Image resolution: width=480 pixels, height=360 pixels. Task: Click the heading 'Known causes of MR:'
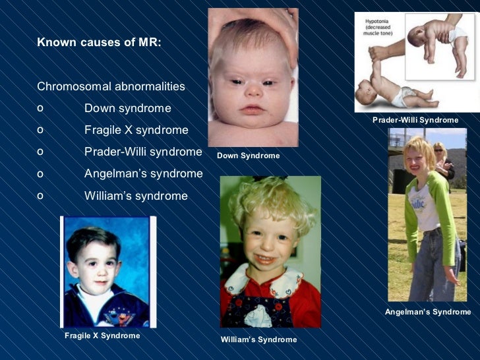coord(99,43)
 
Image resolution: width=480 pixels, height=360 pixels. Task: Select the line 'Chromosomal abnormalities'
coord(111,86)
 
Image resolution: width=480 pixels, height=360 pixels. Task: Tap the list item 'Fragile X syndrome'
coord(136,130)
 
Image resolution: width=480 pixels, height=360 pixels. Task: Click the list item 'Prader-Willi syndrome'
coord(143,152)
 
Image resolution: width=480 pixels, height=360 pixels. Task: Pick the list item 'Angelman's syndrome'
coord(143,173)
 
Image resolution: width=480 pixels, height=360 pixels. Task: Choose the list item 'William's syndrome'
coord(136,196)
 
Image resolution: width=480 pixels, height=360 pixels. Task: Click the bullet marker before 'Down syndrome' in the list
coord(41,108)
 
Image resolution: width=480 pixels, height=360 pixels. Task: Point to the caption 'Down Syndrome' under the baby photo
coord(248,156)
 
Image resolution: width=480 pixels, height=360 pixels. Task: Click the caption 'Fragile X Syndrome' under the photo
coord(102,336)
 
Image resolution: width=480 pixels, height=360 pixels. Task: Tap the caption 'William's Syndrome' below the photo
coord(258,340)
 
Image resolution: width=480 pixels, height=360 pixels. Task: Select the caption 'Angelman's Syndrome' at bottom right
coord(428,312)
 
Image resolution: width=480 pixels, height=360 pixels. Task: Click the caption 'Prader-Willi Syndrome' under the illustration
coord(415,120)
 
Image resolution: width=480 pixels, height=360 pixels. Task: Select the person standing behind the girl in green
coord(443,162)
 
